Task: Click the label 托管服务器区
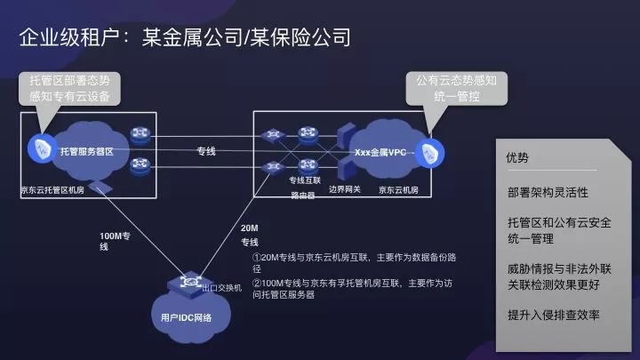point(87,152)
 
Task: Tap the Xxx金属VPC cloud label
point(380,152)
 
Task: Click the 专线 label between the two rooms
point(206,151)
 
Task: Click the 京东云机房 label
point(398,189)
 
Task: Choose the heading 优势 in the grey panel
point(516,158)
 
